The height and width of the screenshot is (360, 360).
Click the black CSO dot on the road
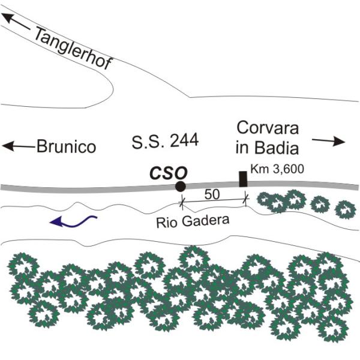pos(180,186)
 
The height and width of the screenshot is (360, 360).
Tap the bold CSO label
pos(169,173)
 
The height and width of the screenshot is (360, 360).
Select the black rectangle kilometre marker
pos(243,179)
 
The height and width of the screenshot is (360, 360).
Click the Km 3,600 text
pos(277,169)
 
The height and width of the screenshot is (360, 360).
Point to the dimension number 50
pos(212,194)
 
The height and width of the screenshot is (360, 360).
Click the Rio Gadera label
pos(193,221)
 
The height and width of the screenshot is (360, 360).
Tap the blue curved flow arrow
pos(73,221)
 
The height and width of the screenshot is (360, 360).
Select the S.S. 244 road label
pos(165,141)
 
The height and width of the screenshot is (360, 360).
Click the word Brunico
pos(67,146)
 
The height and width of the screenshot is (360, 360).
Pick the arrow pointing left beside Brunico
pos(19,146)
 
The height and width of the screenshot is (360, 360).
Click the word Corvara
pos(268,128)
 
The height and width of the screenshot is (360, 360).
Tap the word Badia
pos(277,148)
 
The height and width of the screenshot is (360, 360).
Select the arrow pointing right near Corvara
pos(329,141)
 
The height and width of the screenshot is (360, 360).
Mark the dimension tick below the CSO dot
pos(182,202)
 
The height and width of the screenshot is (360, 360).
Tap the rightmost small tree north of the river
pos(346,209)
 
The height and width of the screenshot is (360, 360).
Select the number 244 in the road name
pos(184,140)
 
